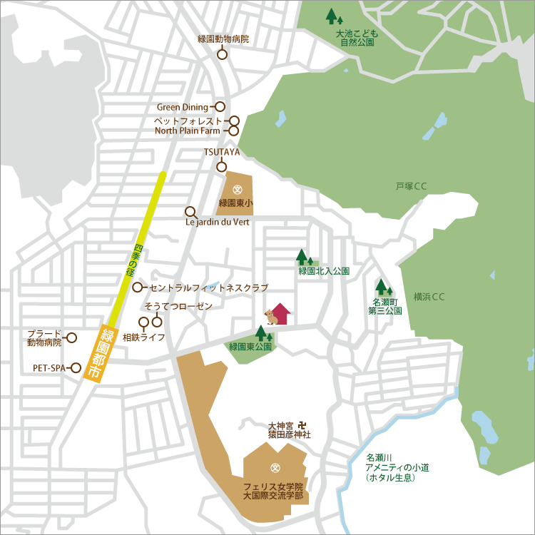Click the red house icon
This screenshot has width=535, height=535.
pos(280,314)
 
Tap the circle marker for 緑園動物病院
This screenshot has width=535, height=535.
pos(222,54)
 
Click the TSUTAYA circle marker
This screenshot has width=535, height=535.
pos(221,167)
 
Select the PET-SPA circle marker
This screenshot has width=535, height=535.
pos(76,368)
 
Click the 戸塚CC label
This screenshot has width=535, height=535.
pos(411,187)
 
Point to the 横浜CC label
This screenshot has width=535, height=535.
pos(429,297)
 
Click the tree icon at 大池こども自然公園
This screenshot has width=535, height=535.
pos(333,16)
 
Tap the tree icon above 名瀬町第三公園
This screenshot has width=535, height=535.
pos(384,287)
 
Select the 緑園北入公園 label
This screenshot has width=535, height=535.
pos(324,271)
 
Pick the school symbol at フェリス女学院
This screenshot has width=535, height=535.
pos(274,468)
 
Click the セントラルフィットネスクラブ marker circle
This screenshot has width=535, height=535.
pos(138,287)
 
